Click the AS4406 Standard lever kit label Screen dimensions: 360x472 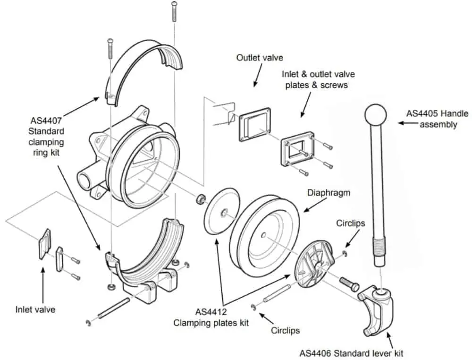(352, 352)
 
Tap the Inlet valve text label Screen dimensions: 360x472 (35, 309)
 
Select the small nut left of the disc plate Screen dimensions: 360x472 (200, 198)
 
